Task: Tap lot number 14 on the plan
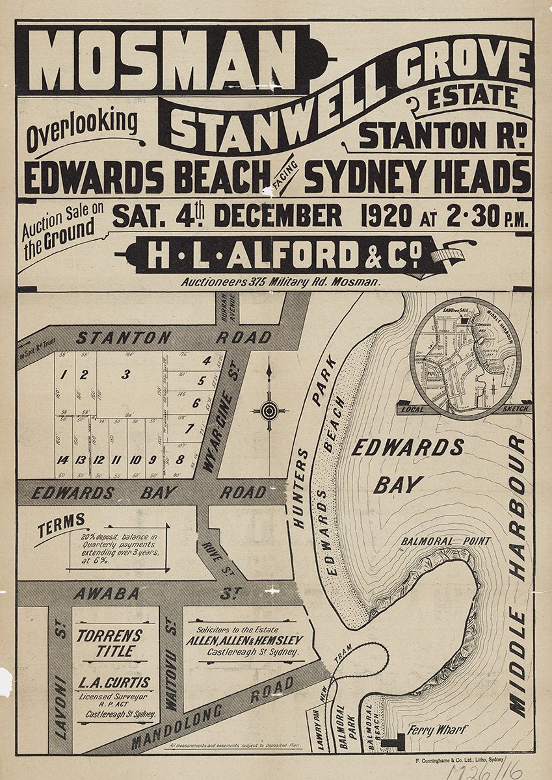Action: [63, 460]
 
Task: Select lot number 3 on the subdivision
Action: [125, 374]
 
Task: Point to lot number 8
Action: [179, 460]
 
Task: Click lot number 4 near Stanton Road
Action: [207, 361]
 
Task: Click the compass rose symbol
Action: [269, 410]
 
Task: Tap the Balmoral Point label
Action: [445, 541]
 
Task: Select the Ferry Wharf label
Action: [436, 730]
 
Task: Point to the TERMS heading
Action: [61, 522]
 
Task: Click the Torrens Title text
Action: [109, 643]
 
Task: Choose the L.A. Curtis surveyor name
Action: [113, 683]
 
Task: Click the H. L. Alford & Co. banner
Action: [281, 255]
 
